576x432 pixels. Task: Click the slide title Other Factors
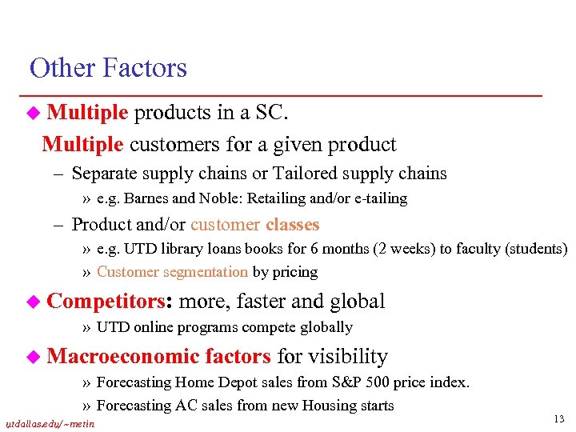(108, 69)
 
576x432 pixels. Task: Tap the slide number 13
(558, 418)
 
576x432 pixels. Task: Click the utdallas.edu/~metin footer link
(50, 423)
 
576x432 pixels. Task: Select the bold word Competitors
(110, 302)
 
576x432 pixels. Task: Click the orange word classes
(293, 225)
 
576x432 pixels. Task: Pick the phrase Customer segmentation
(172, 272)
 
